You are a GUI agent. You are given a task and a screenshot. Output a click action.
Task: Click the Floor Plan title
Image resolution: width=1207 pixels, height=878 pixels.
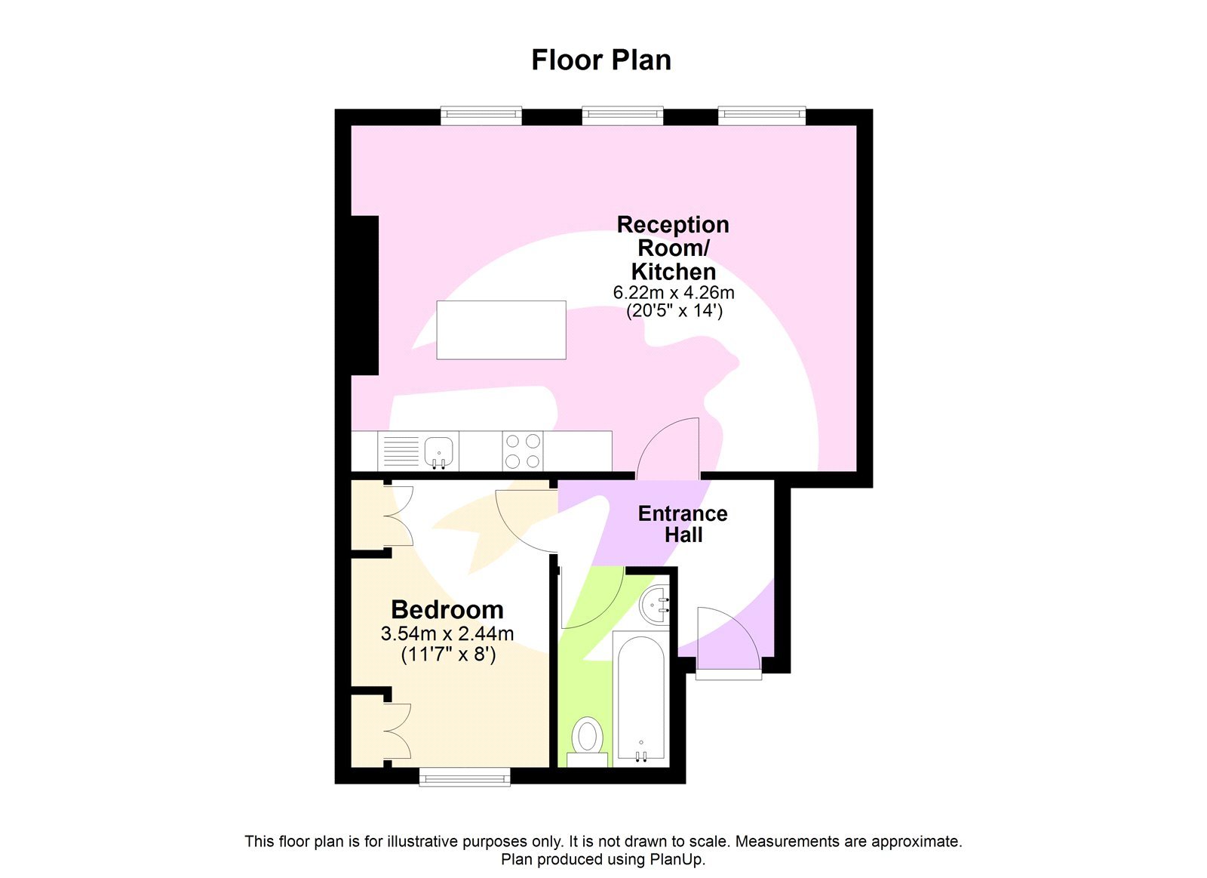[x=601, y=60]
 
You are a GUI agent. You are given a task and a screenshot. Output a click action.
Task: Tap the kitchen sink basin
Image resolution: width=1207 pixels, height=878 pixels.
[x=439, y=451]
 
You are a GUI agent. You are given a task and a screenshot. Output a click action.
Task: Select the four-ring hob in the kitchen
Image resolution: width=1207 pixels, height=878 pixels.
[x=522, y=451]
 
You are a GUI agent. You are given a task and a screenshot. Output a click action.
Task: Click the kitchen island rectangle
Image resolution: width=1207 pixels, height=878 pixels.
[x=501, y=330]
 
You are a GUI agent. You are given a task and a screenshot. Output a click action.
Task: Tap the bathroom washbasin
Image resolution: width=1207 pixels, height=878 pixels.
[x=655, y=605]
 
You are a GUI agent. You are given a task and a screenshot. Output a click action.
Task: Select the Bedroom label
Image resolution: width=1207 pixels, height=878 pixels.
[x=447, y=609]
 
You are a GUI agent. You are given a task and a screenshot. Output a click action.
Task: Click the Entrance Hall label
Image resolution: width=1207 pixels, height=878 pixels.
[x=683, y=524]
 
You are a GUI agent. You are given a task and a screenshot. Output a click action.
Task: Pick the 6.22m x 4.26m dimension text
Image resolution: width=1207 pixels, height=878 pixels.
[x=674, y=292]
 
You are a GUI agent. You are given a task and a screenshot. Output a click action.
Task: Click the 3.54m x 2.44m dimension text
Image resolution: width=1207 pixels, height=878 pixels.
[x=447, y=633]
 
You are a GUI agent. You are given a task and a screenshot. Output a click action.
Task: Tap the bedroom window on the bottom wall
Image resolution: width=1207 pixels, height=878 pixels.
[x=465, y=776]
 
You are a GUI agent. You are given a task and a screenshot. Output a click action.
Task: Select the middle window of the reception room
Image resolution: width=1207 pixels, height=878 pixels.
[x=622, y=116]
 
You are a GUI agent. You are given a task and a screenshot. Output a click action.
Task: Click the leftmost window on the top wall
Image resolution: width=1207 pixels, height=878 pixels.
[x=481, y=116]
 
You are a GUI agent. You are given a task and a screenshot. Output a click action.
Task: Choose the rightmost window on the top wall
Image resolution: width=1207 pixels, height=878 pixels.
[x=762, y=116]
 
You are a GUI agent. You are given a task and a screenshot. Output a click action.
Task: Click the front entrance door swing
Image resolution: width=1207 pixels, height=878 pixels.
[x=726, y=642]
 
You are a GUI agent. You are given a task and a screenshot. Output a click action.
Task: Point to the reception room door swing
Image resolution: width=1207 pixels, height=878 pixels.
[x=671, y=448]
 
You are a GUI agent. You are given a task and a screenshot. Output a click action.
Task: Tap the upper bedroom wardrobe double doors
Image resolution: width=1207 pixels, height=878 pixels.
[x=398, y=516]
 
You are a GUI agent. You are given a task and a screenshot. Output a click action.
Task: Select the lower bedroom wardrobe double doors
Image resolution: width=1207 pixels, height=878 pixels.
[x=398, y=731]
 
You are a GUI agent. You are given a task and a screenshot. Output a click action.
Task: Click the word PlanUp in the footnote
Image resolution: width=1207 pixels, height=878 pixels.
[x=677, y=859]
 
